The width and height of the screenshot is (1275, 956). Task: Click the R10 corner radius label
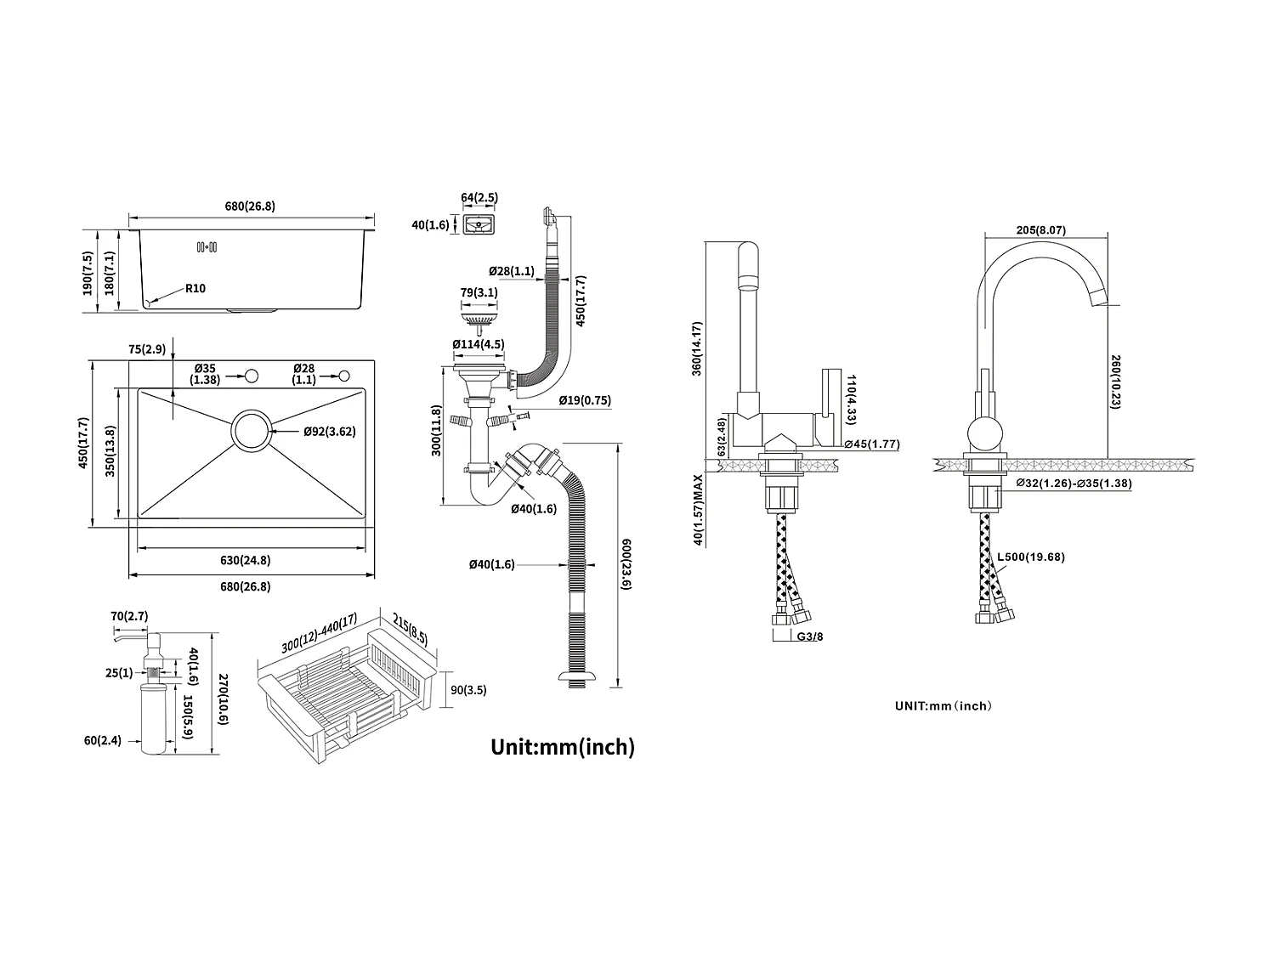tap(195, 289)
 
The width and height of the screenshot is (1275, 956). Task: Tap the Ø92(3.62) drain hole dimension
tap(329, 432)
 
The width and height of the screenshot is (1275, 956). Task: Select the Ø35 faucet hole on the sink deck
tap(252, 376)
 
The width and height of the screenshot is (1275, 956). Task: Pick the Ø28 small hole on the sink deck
tap(344, 376)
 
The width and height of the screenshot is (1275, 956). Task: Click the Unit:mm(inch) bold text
tap(563, 747)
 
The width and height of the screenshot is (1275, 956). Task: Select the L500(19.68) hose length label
tap(1030, 557)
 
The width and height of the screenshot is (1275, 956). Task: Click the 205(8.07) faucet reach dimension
tap(1040, 230)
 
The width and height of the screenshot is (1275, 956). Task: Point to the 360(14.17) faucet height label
tap(697, 348)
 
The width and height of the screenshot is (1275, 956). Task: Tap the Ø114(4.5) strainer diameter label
tap(479, 345)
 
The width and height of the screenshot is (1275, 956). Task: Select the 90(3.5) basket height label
tap(468, 691)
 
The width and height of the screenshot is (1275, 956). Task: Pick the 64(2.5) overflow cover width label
tap(479, 198)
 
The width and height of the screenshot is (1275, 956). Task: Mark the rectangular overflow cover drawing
tap(480, 226)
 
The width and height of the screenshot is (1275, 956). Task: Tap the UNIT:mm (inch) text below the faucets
tap(943, 705)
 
